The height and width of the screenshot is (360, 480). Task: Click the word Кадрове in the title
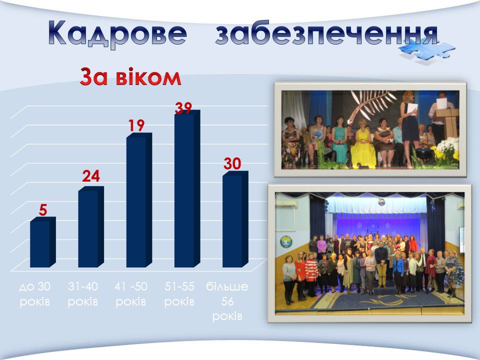(117, 33)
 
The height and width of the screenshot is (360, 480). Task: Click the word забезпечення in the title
(326, 33)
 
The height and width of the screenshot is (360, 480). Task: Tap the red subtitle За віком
(130, 77)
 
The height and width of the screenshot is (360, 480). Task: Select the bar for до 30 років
(43, 242)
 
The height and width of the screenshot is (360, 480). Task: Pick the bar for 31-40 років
(91, 227)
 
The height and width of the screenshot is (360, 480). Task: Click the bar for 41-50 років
(139, 200)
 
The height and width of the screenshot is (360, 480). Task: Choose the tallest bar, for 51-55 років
(187, 188)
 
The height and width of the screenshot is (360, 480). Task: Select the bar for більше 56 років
(235, 219)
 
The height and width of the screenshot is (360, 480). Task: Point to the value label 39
(183, 108)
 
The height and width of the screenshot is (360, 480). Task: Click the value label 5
(43, 210)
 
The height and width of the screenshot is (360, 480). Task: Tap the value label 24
(91, 176)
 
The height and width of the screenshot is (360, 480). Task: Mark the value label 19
(136, 125)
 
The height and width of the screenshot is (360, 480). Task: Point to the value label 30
(232, 164)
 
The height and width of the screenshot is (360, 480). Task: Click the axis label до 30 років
(34, 294)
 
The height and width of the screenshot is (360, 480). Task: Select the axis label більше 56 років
(227, 301)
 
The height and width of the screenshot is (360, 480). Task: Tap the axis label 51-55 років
(179, 294)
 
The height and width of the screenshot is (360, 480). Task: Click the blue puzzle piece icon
(426, 50)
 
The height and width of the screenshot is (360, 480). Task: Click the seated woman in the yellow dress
(363, 144)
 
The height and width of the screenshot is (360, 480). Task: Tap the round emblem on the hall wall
(285, 242)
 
